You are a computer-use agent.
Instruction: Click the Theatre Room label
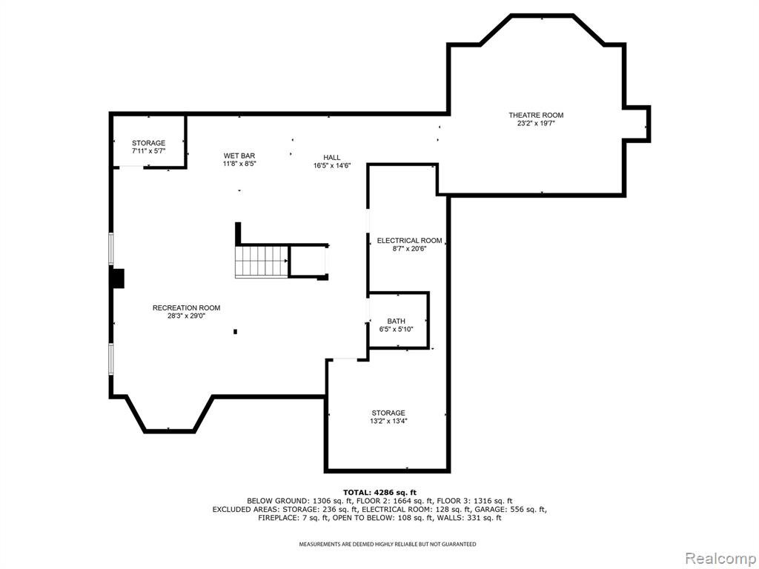pyautogui.click(x=536, y=115)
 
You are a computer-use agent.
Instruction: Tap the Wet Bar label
pyautogui.click(x=239, y=156)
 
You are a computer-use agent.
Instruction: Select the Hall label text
pyautogui.click(x=331, y=157)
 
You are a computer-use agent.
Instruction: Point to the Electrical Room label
pyautogui.click(x=409, y=241)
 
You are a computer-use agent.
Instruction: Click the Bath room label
pyautogui.click(x=396, y=322)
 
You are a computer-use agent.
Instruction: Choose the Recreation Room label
pyautogui.click(x=186, y=307)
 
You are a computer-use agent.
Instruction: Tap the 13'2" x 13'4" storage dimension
pyautogui.click(x=388, y=421)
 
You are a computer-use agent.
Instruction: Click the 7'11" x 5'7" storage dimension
pyautogui.click(x=148, y=151)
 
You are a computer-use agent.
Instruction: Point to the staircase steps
pyautogui.click(x=262, y=262)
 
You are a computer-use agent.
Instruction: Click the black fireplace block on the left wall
pyautogui.click(x=118, y=279)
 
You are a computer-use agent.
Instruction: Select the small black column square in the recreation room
pyautogui.click(x=235, y=331)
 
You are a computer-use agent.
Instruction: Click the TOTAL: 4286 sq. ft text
pyautogui.click(x=379, y=493)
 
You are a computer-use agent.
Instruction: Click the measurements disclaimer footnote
pyautogui.click(x=387, y=545)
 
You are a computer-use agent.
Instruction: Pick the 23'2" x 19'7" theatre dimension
pyautogui.click(x=536, y=124)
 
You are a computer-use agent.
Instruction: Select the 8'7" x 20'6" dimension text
pyautogui.click(x=409, y=249)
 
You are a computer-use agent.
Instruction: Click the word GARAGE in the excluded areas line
pyautogui.click(x=490, y=510)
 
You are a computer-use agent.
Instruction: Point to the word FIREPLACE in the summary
pyautogui.click(x=276, y=518)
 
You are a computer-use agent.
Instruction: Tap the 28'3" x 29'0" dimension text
pyautogui.click(x=186, y=316)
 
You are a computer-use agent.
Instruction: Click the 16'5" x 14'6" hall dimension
pyautogui.click(x=331, y=165)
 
